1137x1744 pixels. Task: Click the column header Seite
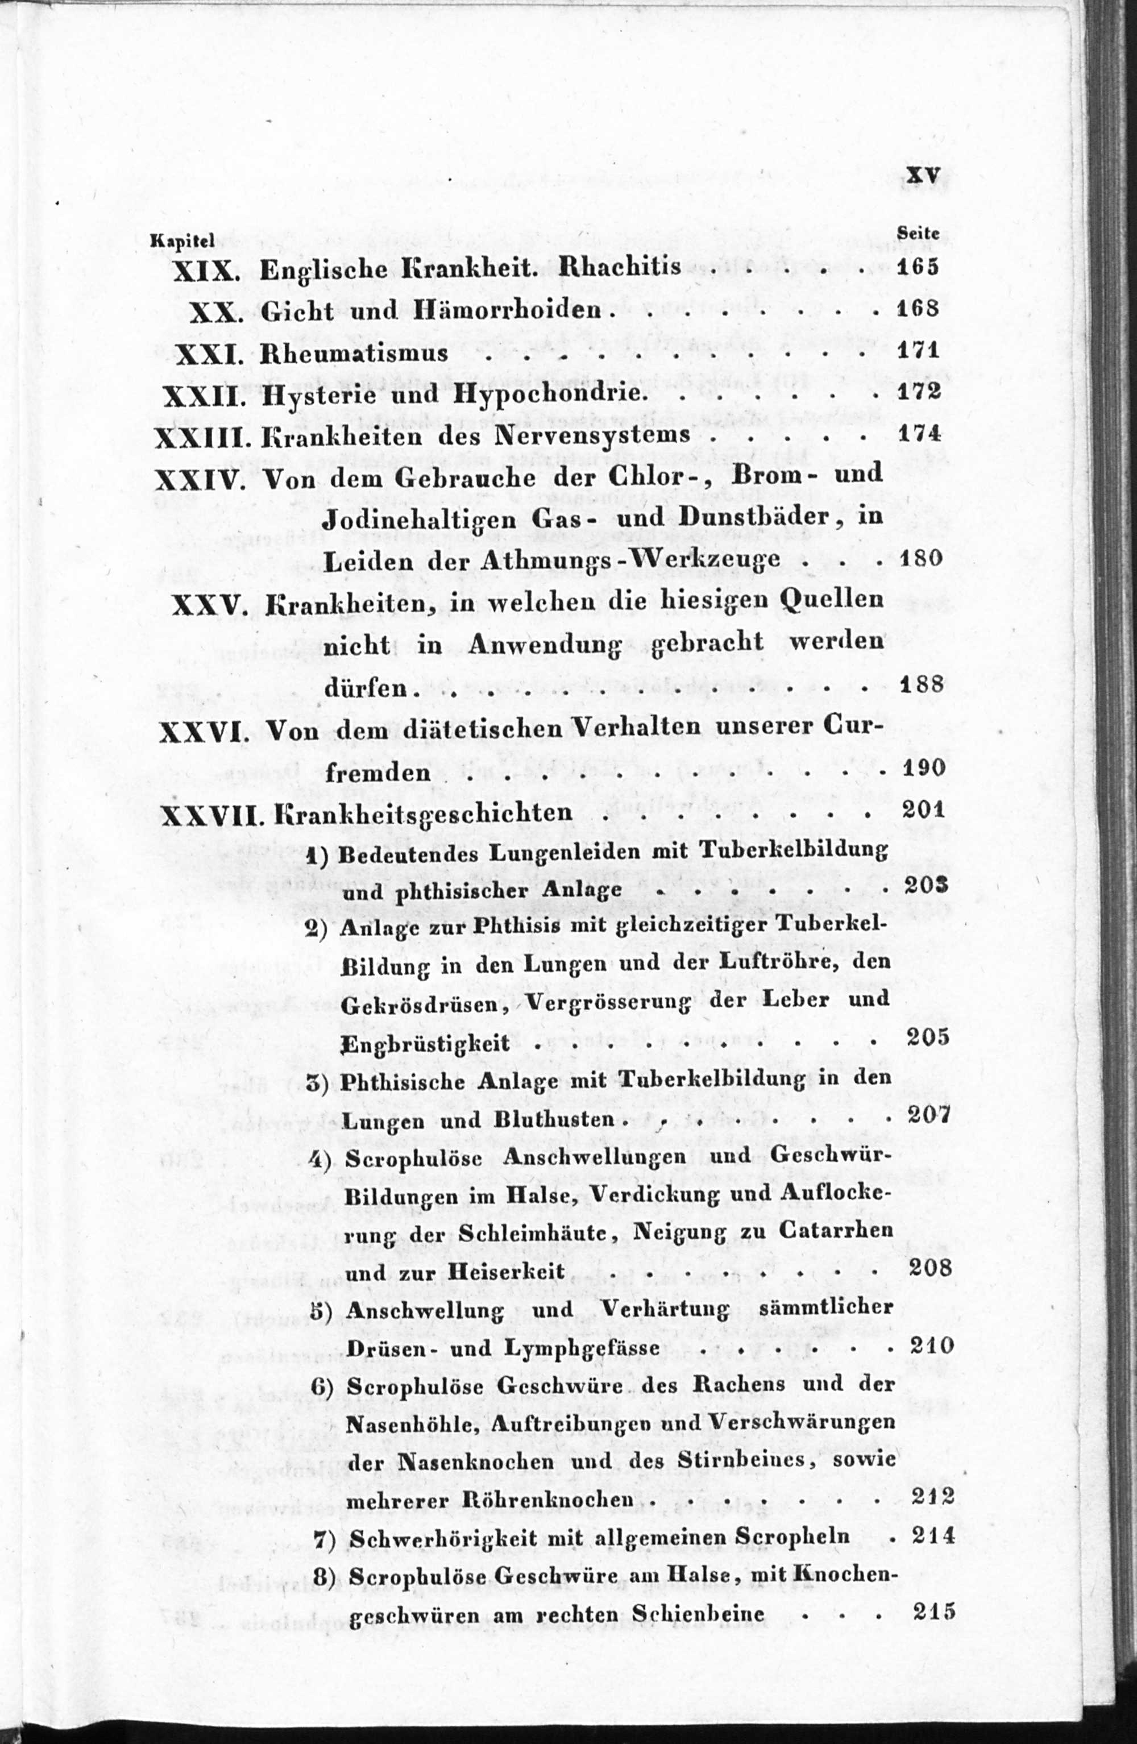(x=919, y=232)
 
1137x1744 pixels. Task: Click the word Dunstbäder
(x=750, y=517)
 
